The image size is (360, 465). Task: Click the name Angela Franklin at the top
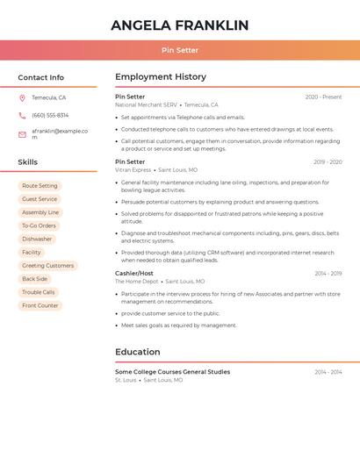point(179,25)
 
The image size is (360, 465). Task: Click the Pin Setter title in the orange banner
point(179,50)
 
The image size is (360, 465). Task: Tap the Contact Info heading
point(40,77)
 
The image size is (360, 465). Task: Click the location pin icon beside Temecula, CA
point(22,97)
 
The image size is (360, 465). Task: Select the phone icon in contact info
point(22,115)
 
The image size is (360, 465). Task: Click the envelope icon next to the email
point(22,134)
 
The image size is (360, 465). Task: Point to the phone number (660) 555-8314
point(50,115)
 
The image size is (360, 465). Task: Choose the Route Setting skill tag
point(40,186)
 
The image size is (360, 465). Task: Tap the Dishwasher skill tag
point(37,239)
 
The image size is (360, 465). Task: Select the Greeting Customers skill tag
point(47,265)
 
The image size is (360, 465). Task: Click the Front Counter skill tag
point(40,305)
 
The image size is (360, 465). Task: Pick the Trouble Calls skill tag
point(39,292)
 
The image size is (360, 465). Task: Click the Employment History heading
point(161,77)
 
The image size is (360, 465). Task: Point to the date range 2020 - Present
point(323,97)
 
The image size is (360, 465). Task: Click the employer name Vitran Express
point(133,170)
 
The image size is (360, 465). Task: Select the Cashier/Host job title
point(134,273)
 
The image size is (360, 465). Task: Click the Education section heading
point(138,352)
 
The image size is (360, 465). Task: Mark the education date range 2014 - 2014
point(328,372)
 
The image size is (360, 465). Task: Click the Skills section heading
point(27,162)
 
